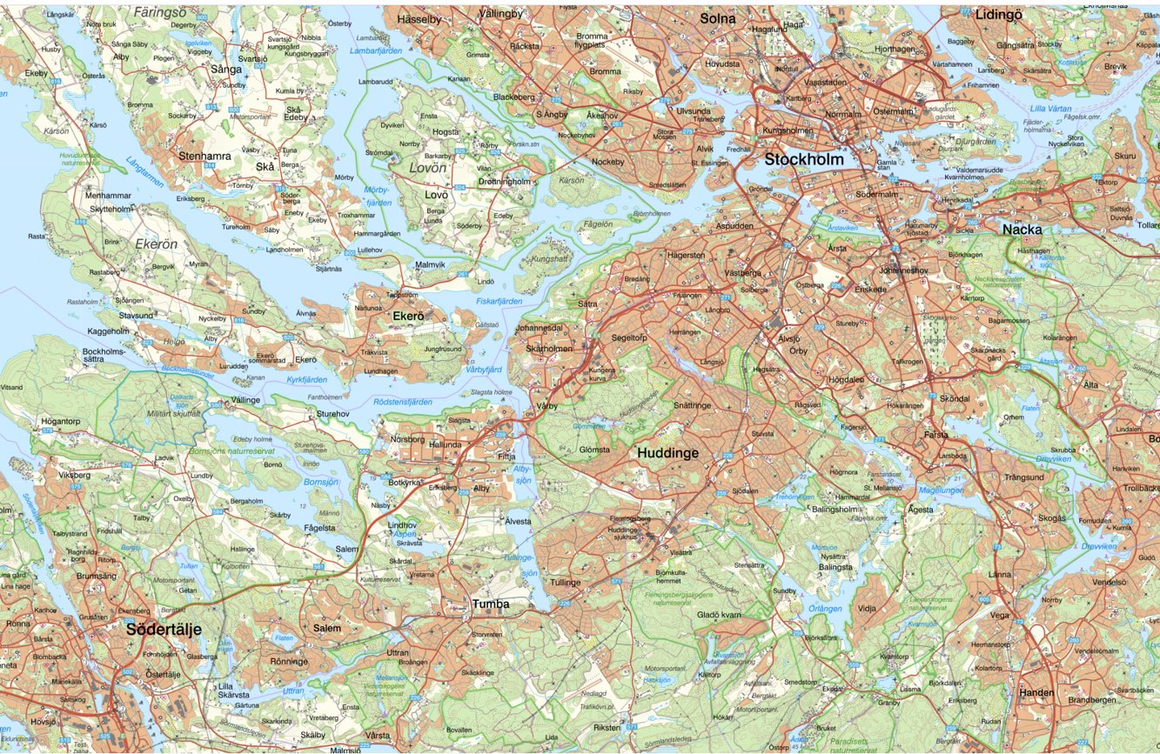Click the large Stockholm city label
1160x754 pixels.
(x=804, y=159)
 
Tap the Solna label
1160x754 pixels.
(x=718, y=18)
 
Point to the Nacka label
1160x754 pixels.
(x=1022, y=230)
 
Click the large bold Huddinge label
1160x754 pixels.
(x=667, y=453)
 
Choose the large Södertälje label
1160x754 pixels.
(x=164, y=628)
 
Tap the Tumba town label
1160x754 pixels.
(x=491, y=604)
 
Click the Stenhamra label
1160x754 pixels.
(x=205, y=157)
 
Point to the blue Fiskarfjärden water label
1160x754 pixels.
(x=500, y=301)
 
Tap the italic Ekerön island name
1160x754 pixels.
(x=156, y=244)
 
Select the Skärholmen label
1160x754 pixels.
(x=549, y=348)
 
